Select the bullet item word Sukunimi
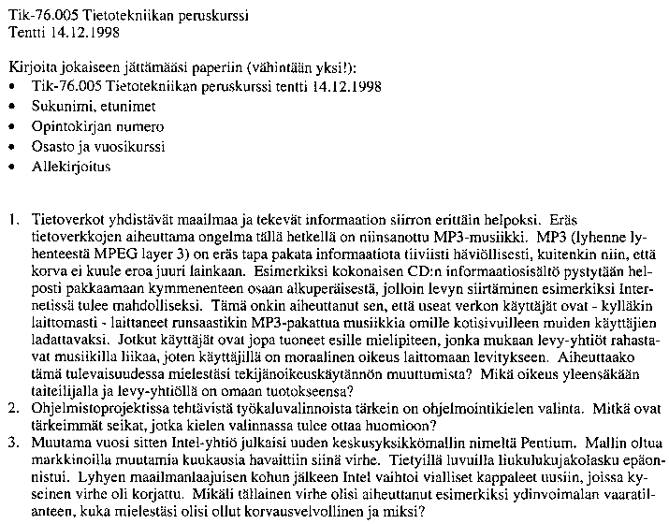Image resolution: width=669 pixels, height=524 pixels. [59, 106]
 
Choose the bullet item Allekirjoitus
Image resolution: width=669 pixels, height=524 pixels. [70, 167]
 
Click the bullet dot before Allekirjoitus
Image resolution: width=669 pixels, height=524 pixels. [11, 167]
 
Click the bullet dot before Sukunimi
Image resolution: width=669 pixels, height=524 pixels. [11, 106]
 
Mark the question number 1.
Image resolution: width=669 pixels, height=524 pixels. [12, 221]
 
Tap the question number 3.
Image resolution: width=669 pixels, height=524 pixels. [12, 442]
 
